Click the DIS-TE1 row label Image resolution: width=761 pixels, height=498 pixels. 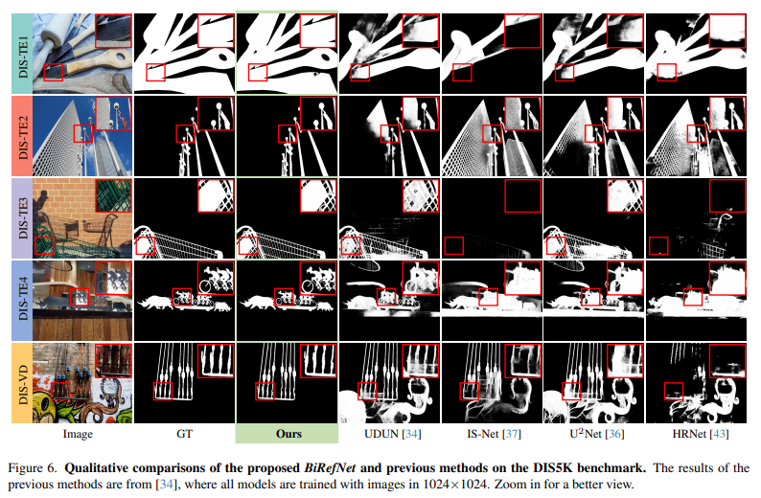point(22,53)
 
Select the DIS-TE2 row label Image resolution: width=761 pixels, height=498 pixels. point(22,136)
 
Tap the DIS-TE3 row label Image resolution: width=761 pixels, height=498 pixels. point(22,218)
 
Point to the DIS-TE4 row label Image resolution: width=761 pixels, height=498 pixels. point(22,301)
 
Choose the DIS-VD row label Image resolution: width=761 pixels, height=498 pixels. point(22,383)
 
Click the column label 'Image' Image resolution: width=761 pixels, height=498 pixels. point(78,434)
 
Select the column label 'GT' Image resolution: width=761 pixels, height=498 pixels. point(184,434)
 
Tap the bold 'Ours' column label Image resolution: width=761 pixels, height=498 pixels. point(288,434)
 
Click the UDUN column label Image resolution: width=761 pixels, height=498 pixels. point(392,434)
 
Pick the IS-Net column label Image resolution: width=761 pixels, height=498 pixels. point(494,434)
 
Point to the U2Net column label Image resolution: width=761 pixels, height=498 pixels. point(597,434)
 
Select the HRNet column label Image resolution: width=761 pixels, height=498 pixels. point(701,434)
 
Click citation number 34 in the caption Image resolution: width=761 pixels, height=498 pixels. point(166,485)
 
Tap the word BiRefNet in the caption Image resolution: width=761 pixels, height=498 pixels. point(330,468)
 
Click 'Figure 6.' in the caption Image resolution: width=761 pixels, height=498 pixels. point(33,468)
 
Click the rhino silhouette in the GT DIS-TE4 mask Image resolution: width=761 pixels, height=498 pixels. point(155,303)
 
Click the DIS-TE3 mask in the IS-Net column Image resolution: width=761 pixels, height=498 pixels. point(492,218)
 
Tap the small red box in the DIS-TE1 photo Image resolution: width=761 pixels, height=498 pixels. point(54,72)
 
